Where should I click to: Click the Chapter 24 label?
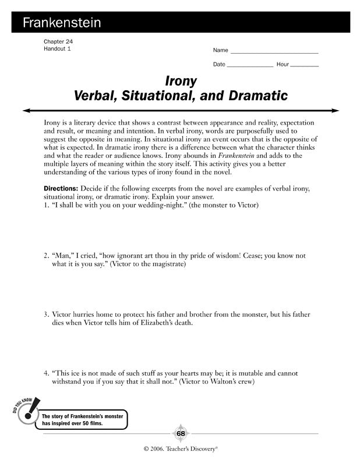[58, 42]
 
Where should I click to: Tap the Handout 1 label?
[57, 49]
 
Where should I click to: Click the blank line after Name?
[274, 52]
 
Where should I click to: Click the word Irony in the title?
[181, 80]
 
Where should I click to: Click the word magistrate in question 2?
[166, 264]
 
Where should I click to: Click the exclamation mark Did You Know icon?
[26, 411]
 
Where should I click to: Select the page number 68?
[180, 433]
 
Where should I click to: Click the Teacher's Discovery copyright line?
[180, 450]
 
